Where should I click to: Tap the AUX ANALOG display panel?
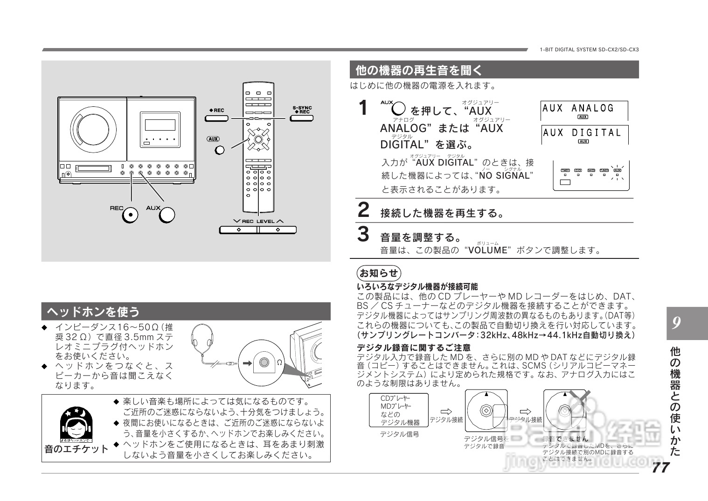coord(584,111)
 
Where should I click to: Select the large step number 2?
coord(363,210)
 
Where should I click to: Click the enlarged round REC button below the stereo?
coord(130,215)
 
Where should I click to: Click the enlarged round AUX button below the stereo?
coord(167,215)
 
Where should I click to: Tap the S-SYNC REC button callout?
coord(302,118)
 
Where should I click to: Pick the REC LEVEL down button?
coord(238,230)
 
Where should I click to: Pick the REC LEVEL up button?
coord(278,230)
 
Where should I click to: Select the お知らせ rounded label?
coord(379,273)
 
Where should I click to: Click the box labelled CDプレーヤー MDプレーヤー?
coord(398,410)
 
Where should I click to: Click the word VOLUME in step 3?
coord(487,250)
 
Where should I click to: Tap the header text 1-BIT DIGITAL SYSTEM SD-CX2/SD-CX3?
coord(589,49)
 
